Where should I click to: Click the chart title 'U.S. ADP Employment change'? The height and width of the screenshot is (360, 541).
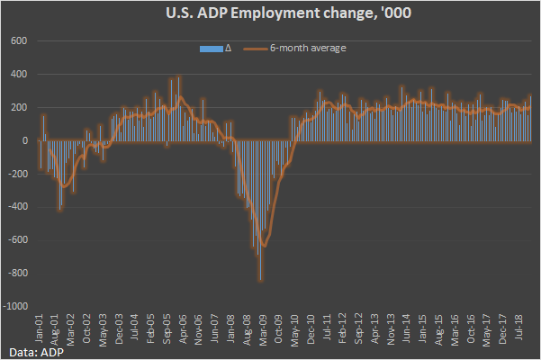coord(270,13)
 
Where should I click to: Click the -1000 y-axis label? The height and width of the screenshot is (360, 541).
coord(16,306)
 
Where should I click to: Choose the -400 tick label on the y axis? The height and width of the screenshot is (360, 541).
coord(18,207)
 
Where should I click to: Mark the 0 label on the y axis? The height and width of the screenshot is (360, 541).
coord(26,140)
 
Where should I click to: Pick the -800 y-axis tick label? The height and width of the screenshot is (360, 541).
coord(18,273)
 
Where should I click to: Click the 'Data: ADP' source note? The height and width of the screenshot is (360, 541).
coord(30,350)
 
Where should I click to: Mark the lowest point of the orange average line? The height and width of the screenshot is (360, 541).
coord(262,246)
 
